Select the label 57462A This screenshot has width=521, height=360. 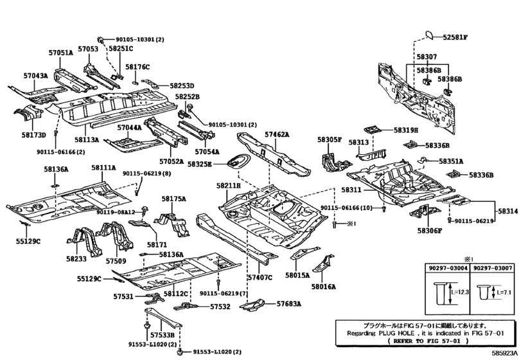(277, 134)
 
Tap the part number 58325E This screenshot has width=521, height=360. (199, 164)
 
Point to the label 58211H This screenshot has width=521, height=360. (228, 186)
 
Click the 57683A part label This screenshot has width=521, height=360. (288, 303)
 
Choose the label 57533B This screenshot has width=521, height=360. (162, 335)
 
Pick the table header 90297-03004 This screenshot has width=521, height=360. (447, 268)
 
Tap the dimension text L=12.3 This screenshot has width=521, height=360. (460, 292)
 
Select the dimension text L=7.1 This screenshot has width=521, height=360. (504, 293)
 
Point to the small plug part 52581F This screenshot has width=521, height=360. (429, 35)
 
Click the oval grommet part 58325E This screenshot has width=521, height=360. (236, 161)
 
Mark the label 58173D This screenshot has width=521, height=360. (33, 134)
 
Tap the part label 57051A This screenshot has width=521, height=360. (60, 53)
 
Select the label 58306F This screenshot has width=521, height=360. (430, 231)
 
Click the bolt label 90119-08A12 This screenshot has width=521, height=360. (116, 212)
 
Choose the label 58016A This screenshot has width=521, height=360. (323, 286)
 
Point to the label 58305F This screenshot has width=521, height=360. (330, 139)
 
